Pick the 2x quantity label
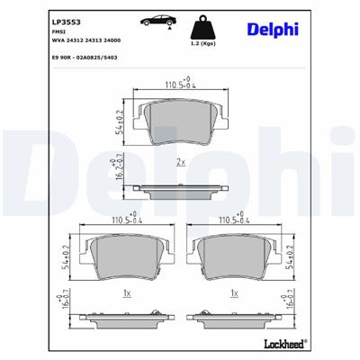tap(180, 162)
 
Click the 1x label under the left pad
tap(127, 293)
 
